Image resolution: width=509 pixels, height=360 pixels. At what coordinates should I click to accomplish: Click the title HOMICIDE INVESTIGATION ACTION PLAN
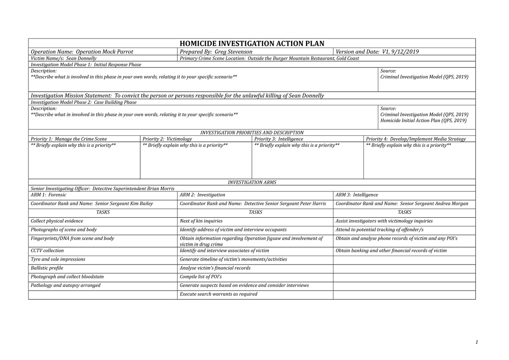[x=252, y=43]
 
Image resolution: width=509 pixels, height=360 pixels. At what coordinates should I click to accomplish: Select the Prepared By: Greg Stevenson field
[x=216, y=52]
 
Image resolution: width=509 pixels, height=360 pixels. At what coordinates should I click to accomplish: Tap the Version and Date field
[x=377, y=52]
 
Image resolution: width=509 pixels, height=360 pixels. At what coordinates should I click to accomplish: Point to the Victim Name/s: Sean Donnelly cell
[x=63, y=58]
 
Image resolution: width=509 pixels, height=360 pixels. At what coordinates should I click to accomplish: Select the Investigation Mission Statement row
[x=177, y=96]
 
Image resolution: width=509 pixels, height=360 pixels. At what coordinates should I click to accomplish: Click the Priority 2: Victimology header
[x=168, y=139]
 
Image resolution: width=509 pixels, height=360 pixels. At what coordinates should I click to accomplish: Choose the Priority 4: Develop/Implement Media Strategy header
[x=416, y=139]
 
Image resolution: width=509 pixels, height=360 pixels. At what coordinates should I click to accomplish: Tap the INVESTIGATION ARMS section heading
[x=252, y=182]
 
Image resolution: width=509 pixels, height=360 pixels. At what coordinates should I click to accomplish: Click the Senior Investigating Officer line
[x=102, y=188]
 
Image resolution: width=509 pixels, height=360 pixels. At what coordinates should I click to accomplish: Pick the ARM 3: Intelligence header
[x=356, y=195]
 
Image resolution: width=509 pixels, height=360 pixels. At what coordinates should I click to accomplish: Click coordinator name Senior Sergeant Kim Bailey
[x=92, y=204]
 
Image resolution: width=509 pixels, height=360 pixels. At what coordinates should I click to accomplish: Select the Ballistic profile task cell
[x=47, y=268]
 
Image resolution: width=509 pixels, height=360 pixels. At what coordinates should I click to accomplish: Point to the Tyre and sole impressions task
[x=58, y=259]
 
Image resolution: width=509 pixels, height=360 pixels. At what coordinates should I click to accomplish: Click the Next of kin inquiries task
[x=201, y=221]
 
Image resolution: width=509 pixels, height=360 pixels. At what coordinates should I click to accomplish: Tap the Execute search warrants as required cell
[x=218, y=294]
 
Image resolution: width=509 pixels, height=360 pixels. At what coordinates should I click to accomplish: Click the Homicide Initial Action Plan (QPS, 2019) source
[x=423, y=121]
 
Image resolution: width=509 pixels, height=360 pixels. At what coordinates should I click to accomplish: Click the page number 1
[x=477, y=342]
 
